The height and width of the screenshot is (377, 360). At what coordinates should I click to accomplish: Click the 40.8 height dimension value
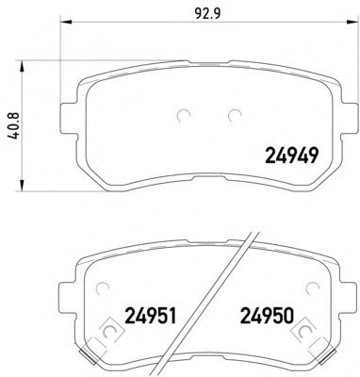pyautogui.click(x=15, y=126)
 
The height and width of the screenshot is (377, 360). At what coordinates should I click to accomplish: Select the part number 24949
pyautogui.click(x=292, y=156)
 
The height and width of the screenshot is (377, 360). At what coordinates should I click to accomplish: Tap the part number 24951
pyautogui.click(x=151, y=316)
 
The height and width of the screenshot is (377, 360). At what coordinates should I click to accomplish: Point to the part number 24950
pyautogui.click(x=267, y=316)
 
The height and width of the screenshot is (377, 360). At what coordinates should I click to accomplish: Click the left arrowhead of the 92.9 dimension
pyautogui.click(x=66, y=22)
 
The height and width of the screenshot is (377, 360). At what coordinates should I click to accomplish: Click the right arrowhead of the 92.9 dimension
pyautogui.click(x=352, y=22)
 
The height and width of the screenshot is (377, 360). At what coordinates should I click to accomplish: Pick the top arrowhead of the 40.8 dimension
pyautogui.click(x=22, y=67)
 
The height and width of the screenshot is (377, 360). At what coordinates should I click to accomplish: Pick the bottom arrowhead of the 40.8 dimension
pyautogui.click(x=22, y=185)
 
